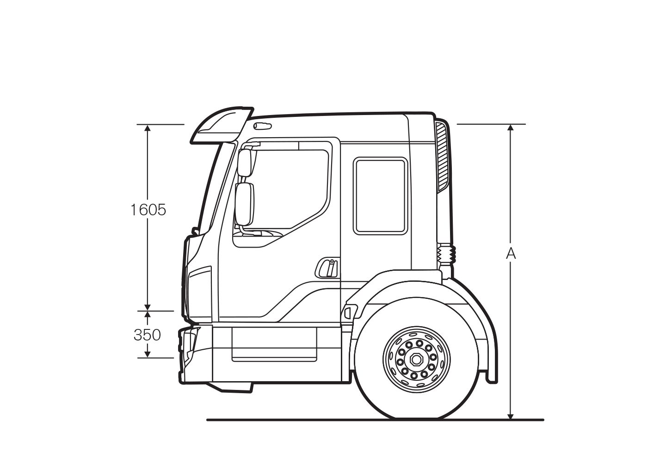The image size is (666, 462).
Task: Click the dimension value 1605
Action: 148,210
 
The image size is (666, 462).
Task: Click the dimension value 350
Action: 147,334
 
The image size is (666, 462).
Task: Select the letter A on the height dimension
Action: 511,253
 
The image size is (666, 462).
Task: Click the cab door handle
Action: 327,268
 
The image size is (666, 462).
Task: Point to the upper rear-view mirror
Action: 244,163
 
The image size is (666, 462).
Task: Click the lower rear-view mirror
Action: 244,204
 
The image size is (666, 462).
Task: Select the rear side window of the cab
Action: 380,196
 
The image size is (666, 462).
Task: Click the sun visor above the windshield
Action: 222,125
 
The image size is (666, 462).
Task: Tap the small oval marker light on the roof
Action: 263,126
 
